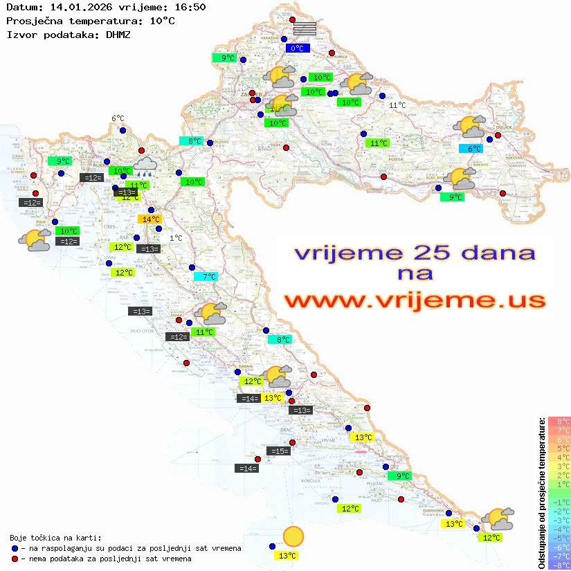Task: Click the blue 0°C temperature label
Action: pos(297,48)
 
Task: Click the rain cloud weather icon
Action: pos(145,165)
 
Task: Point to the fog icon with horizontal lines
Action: pos(305,28)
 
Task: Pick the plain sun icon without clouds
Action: pos(293,536)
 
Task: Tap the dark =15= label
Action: pos(279,451)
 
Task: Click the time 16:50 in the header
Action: pos(191,7)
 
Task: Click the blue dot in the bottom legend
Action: pos(15,548)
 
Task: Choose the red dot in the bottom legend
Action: pos(15,559)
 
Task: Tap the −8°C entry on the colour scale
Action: pos(559,565)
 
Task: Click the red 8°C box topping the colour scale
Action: pos(559,422)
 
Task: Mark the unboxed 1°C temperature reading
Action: pos(176,238)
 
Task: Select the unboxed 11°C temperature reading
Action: pos(397,105)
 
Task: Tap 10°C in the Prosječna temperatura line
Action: pos(162,21)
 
